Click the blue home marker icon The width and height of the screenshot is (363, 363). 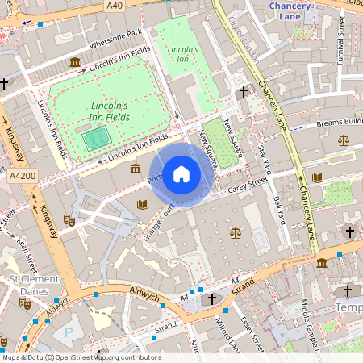coord(181,174)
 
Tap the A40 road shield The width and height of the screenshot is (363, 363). coord(115,6)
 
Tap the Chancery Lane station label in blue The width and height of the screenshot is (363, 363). coord(289,10)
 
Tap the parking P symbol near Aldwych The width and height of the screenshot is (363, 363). coord(68,331)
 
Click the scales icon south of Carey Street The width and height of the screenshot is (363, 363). coord(236,232)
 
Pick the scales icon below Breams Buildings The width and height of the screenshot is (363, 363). coord(344,140)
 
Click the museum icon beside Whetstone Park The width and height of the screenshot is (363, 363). coord(74,62)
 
